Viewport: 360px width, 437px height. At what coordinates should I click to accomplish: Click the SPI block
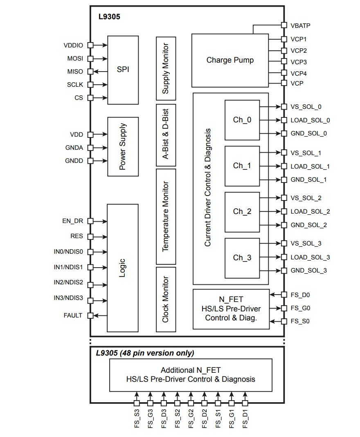tap(123, 70)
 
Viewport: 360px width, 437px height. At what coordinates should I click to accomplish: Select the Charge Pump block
tap(230, 60)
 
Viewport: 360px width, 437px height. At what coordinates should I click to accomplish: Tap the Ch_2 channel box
tap(242, 212)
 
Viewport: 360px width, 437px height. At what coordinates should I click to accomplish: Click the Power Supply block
tap(123, 146)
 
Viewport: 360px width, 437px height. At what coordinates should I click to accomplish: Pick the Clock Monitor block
tap(166, 300)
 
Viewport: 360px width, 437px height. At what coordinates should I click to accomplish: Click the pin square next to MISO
tap(90, 72)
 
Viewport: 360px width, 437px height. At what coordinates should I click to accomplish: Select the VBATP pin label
tap(300, 25)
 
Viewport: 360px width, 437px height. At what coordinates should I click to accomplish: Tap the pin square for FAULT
tap(90, 315)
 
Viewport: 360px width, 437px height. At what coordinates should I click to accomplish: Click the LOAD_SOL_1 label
tap(310, 167)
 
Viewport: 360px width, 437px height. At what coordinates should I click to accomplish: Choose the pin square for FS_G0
tap(284, 308)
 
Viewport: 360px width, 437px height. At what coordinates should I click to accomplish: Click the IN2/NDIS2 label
tap(68, 282)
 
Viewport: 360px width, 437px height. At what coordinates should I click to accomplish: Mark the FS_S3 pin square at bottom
tap(137, 403)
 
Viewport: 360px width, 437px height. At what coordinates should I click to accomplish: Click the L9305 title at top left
tap(109, 17)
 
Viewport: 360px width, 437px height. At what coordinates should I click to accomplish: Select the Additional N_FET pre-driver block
tap(190, 375)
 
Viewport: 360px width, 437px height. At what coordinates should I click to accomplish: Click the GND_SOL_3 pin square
tap(284, 270)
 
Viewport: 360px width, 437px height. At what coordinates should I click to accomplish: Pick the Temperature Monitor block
tap(166, 216)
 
